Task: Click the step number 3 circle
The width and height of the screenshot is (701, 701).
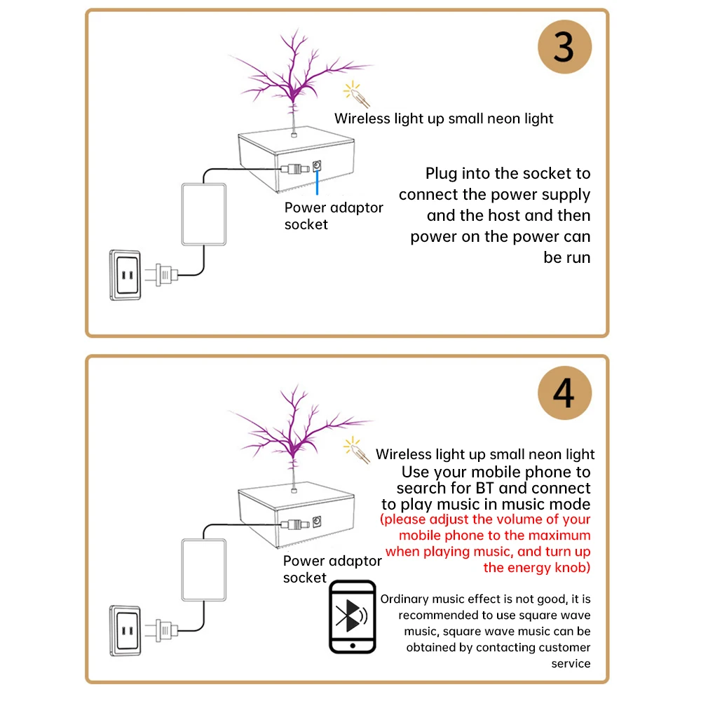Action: coord(564,48)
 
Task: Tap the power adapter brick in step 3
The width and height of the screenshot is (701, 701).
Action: coord(204,214)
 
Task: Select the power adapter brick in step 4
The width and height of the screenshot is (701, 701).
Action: coord(204,569)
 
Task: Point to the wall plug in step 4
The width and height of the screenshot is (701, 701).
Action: coord(161,627)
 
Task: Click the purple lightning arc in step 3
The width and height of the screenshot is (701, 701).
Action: coord(294,70)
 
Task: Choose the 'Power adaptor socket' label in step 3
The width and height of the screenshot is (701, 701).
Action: coord(333,216)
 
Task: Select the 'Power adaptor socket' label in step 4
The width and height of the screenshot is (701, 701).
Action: coord(332,569)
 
